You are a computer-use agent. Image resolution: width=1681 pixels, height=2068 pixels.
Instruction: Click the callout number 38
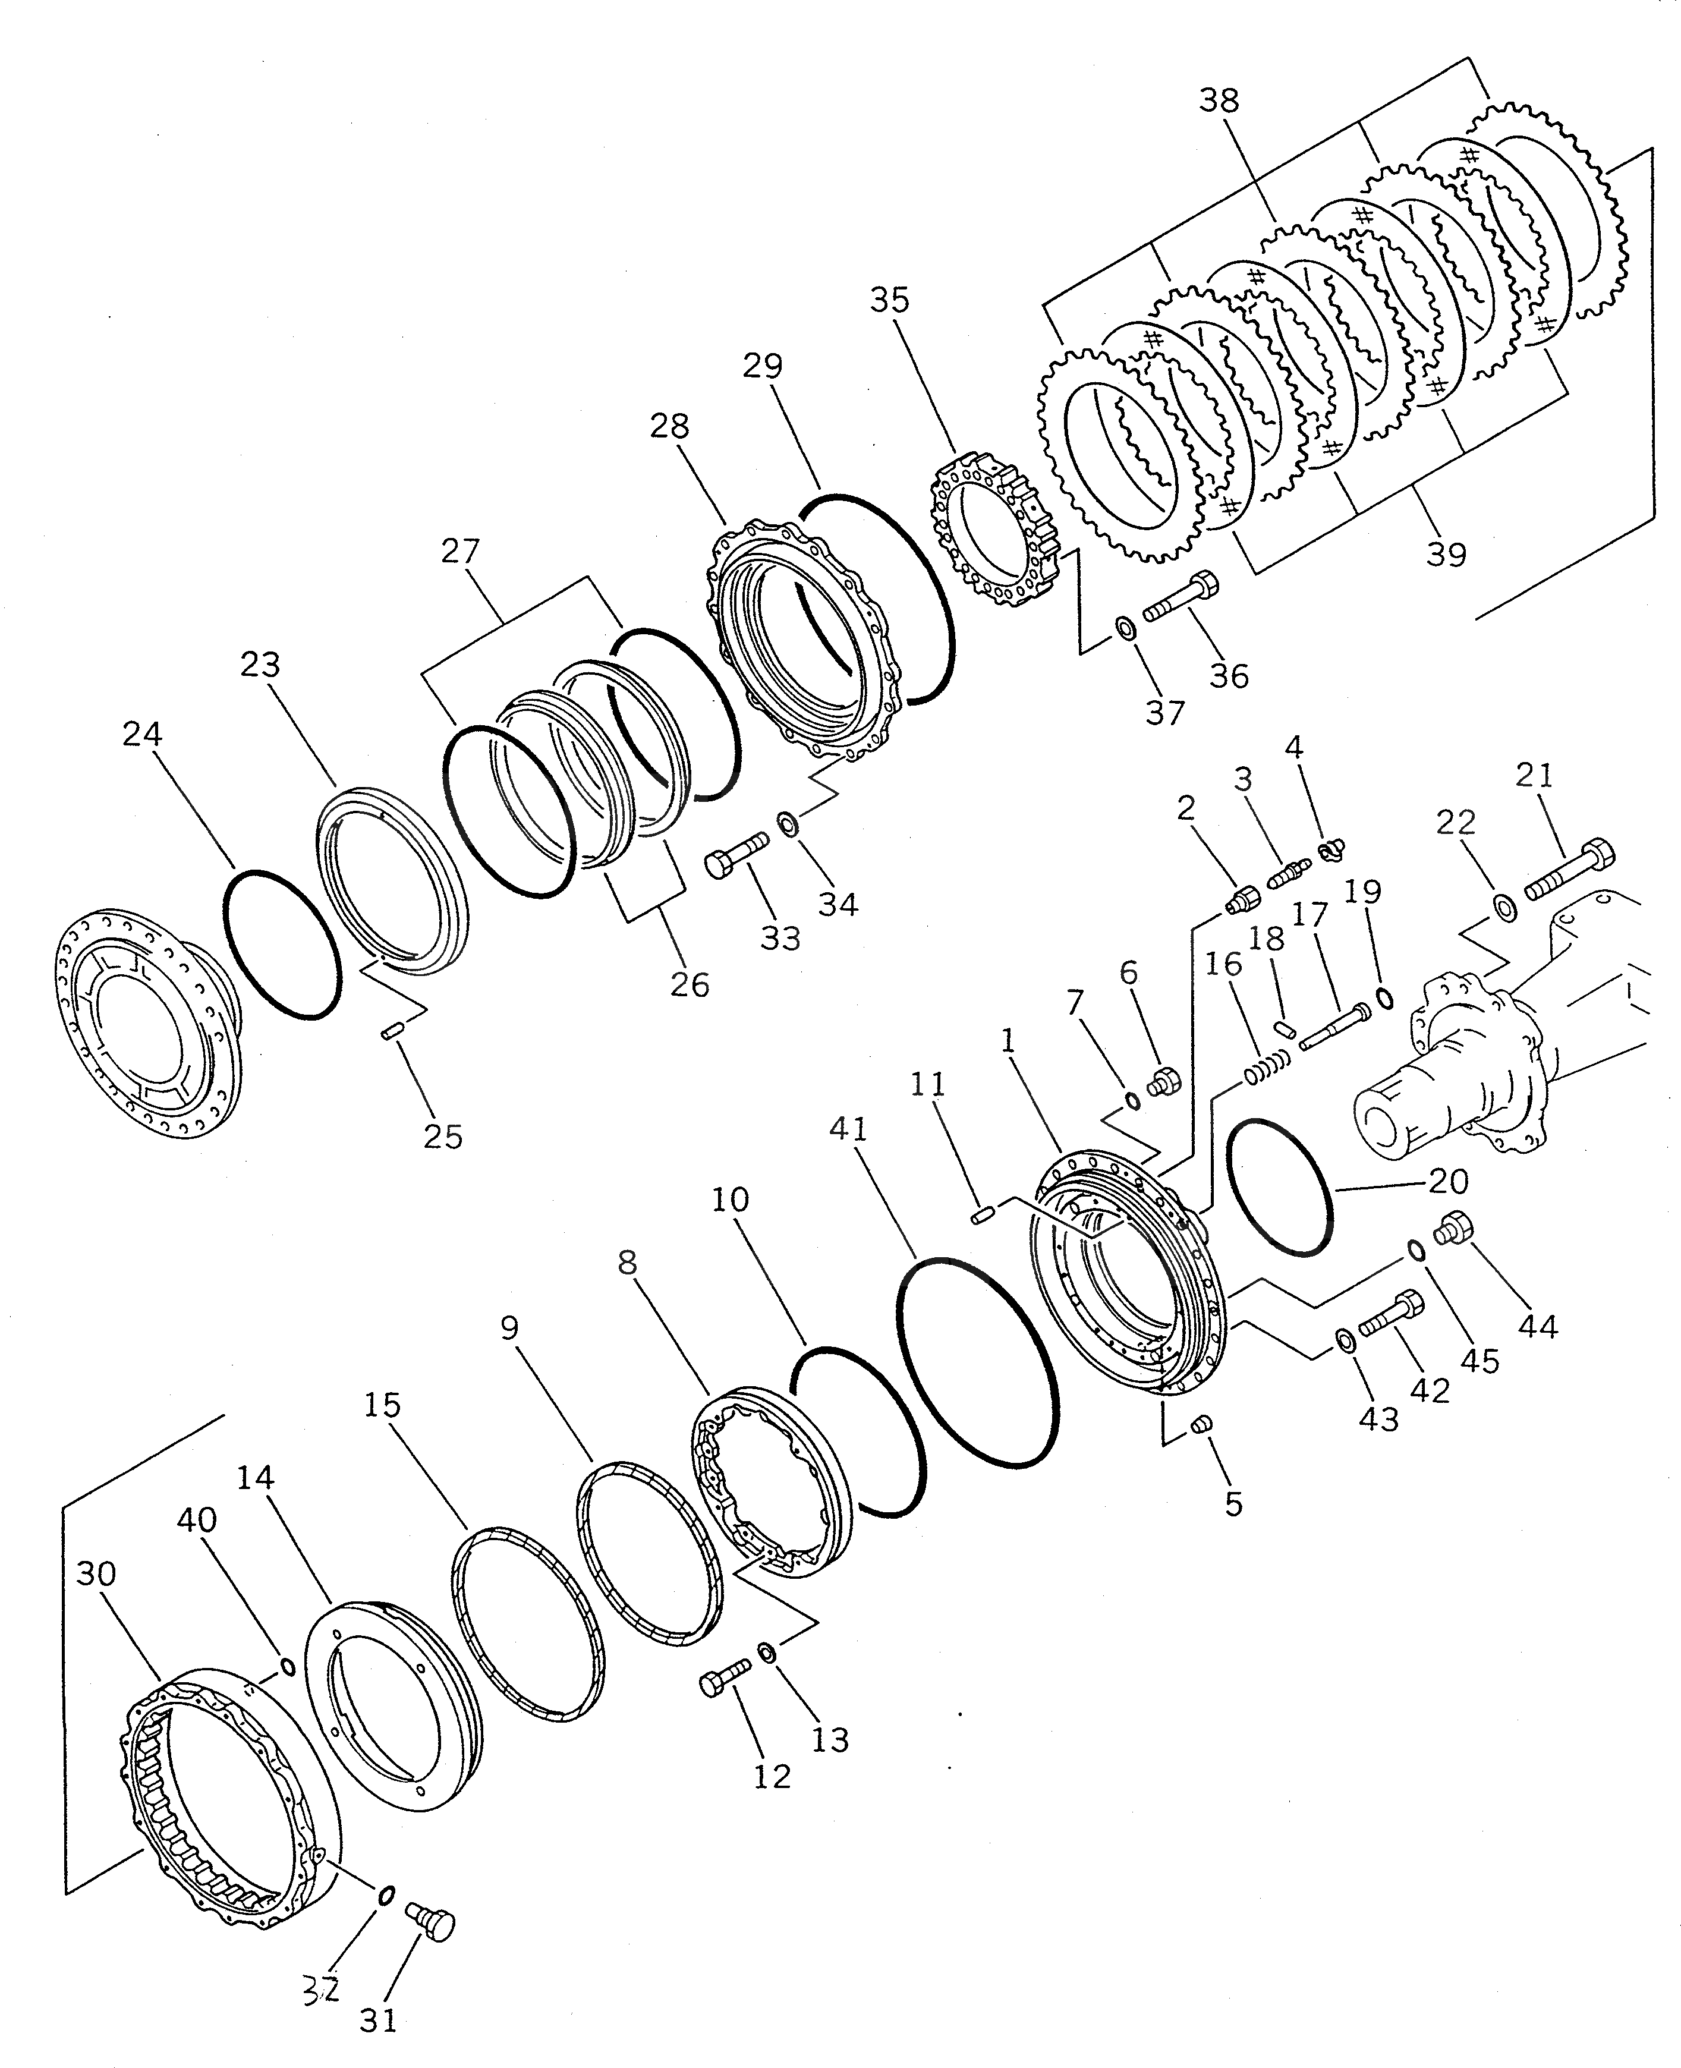pyautogui.click(x=1218, y=100)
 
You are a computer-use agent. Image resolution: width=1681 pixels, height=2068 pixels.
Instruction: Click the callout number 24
pyautogui.click(x=141, y=734)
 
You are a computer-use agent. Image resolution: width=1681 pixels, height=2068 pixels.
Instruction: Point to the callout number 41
pyautogui.click(x=848, y=1130)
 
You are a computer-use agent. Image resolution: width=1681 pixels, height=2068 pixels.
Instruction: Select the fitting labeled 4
pyautogui.click(x=1331, y=849)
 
